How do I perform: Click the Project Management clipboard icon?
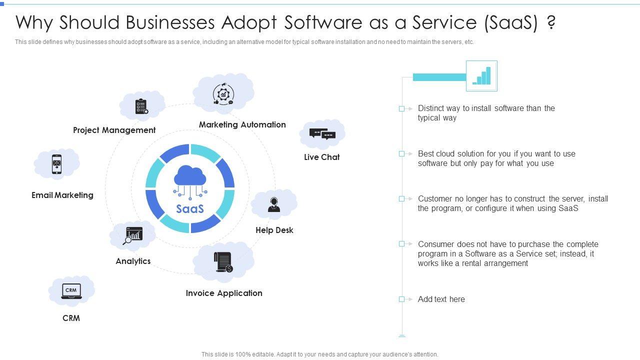click(x=141, y=106)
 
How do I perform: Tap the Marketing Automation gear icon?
click(x=223, y=94)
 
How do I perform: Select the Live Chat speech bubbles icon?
click(x=322, y=134)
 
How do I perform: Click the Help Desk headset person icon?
click(x=274, y=204)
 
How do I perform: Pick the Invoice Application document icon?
click(x=223, y=262)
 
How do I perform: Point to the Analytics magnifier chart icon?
click(x=133, y=236)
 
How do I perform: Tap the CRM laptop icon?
click(x=71, y=291)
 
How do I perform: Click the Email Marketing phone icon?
click(x=56, y=164)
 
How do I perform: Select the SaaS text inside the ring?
click(x=190, y=208)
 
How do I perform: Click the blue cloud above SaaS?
click(x=190, y=176)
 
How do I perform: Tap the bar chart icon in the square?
click(x=481, y=76)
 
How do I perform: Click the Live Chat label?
click(x=322, y=157)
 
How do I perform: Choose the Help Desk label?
click(x=274, y=230)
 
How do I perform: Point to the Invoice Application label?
click(x=224, y=293)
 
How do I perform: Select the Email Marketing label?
click(x=62, y=195)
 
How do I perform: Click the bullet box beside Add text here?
click(x=401, y=299)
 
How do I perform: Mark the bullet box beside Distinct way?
click(x=401, y=108)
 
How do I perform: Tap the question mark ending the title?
click(x=551, y=22)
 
